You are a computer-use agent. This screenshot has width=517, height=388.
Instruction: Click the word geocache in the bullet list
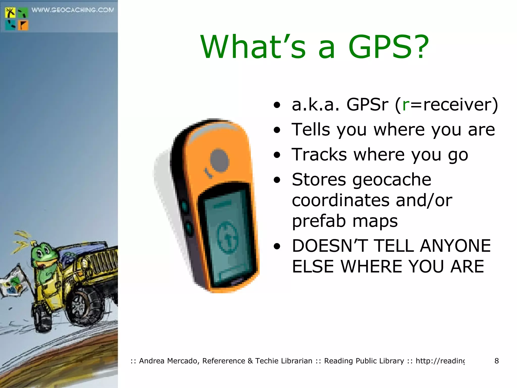tap(392, 180)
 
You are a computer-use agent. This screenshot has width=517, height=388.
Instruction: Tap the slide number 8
tap(496, 361)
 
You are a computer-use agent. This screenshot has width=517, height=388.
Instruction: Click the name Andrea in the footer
tap(152, 361)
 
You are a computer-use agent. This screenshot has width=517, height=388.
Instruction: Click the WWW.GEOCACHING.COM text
tap(73, 10)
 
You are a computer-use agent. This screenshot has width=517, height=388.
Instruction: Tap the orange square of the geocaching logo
tap(23, 26)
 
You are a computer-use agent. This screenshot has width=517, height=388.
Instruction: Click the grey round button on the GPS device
tap(219, 161)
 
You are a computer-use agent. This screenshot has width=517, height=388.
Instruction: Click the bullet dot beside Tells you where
tap(277, 130)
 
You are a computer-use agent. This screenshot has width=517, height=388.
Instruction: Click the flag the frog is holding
tap(13, 283)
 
